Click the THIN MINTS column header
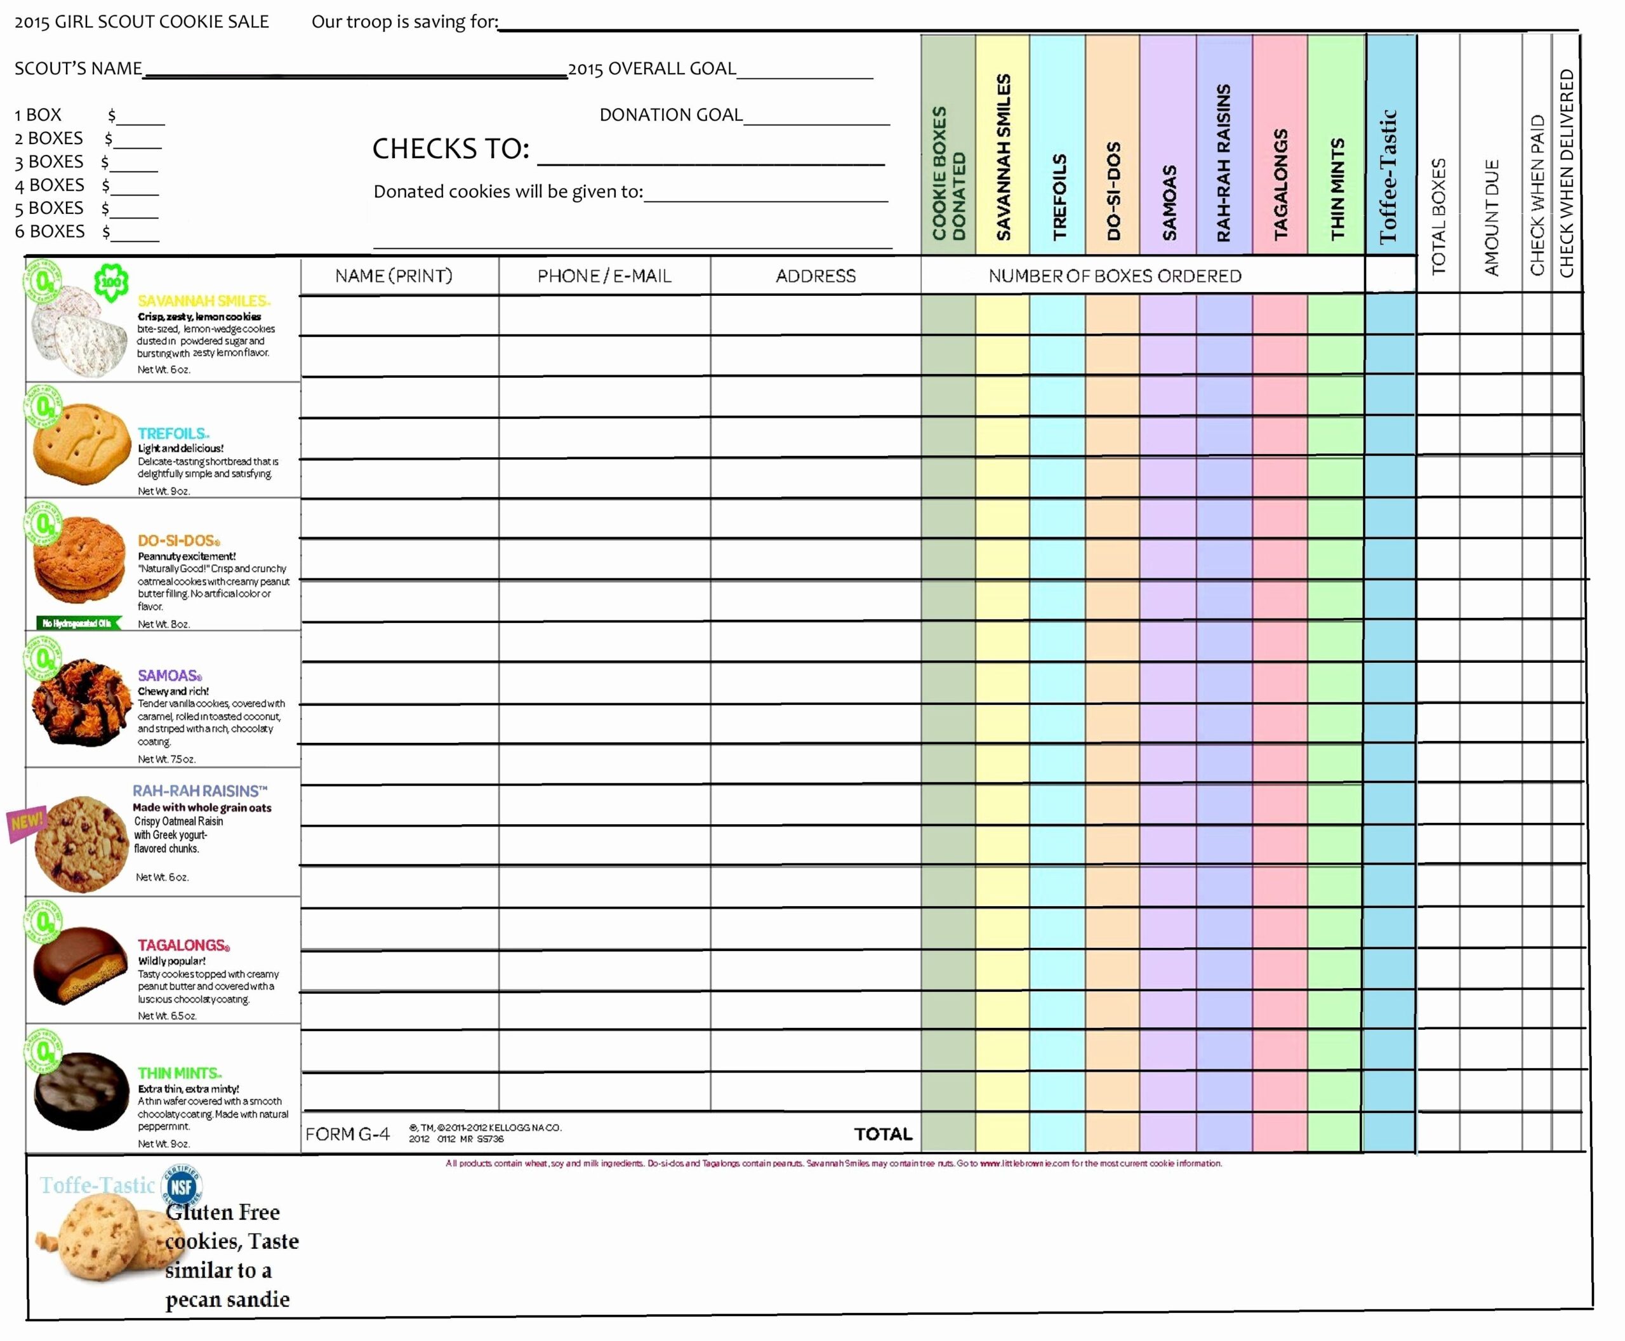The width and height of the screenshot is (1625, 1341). coord(1337,189)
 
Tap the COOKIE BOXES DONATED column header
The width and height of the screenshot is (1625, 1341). coord(948,174)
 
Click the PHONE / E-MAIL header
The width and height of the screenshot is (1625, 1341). coord(604,276)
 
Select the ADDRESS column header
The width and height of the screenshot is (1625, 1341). coord(816,276)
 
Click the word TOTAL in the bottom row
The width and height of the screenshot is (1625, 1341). coord(883,1134)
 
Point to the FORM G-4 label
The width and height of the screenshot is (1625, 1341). coord(348,1134)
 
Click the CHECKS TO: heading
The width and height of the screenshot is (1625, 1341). coord(451,149)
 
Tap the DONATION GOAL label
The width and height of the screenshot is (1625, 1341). coord(670,115)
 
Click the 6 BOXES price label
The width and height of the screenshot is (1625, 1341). coord(50,231)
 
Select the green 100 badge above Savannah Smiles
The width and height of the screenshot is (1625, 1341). coord(111,283)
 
